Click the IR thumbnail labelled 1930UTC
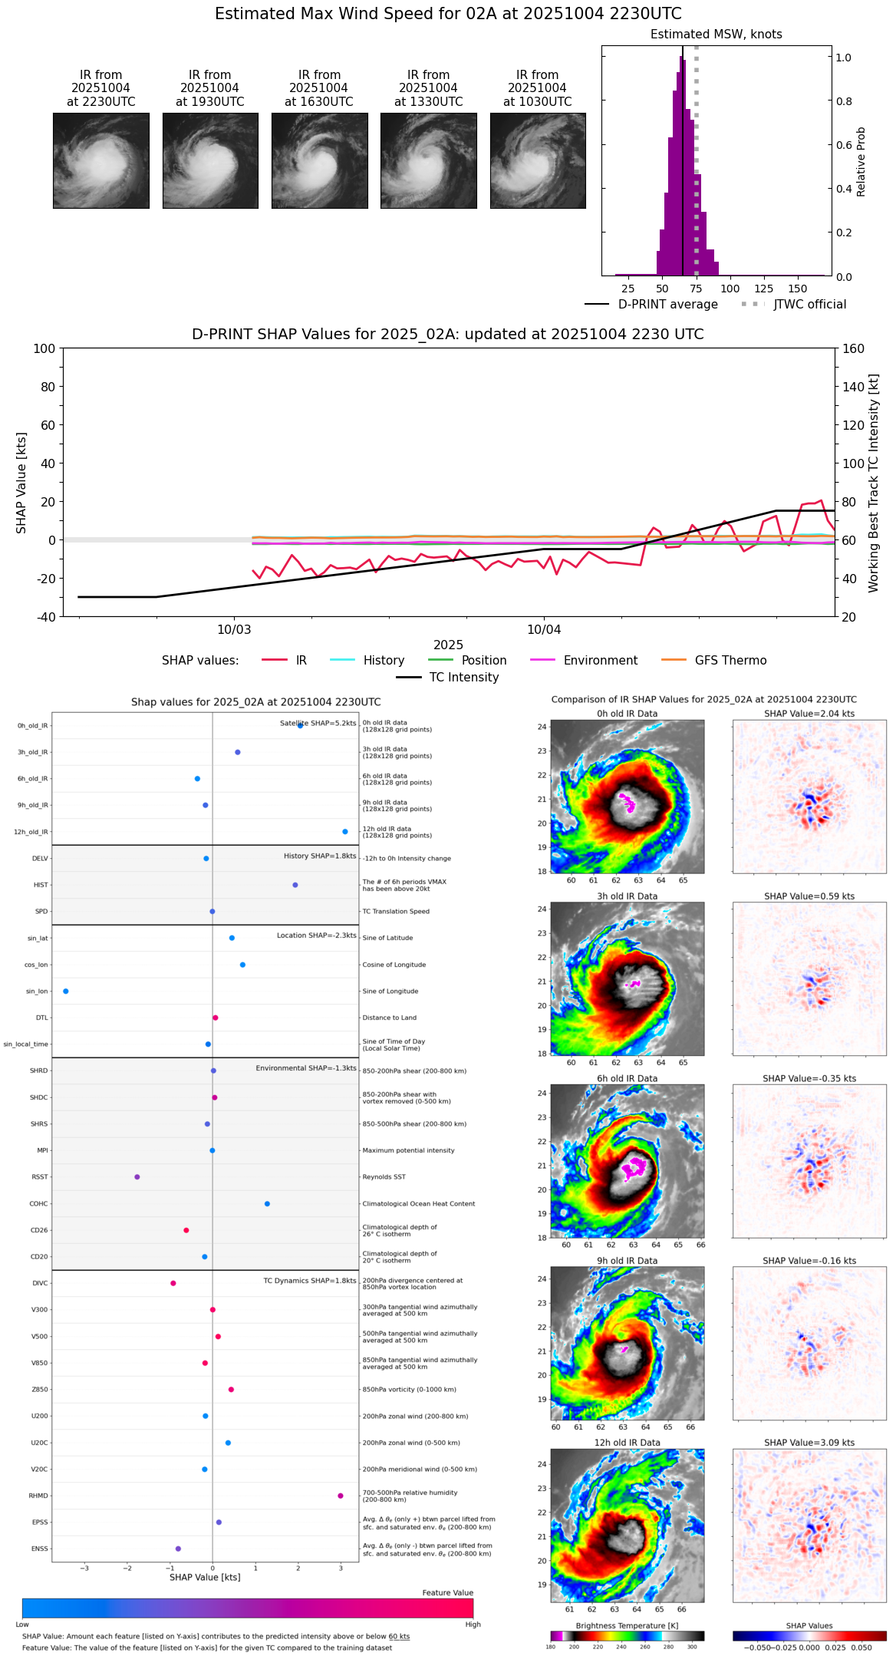(210, 160)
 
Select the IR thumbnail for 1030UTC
(538, 160)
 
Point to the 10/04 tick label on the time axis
(544, 630)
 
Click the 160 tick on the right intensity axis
(854, 348)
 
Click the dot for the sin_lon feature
(66, 991)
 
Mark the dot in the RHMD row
(341, 1496)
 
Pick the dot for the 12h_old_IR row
(345, 832)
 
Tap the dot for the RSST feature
(137, 1177)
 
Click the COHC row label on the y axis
(38, 1204)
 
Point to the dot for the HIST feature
(295, 886)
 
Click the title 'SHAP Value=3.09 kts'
(809, 1443)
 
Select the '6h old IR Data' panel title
(627, 1078)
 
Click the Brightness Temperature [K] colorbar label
(627, 1625)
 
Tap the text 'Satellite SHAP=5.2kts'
(318, 723)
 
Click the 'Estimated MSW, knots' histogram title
(716, 35)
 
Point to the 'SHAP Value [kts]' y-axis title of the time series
(21, 483)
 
